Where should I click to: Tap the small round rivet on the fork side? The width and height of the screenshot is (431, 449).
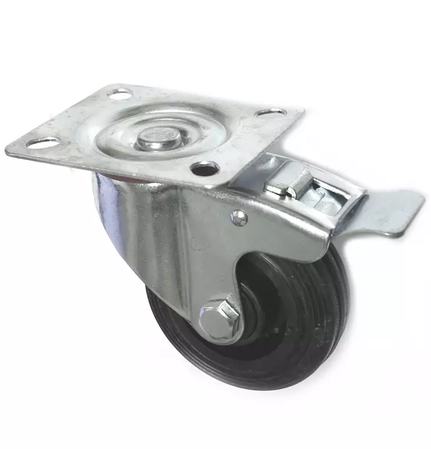tap(239, 217)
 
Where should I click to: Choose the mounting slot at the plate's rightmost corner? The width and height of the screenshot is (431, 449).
tap(271, 112)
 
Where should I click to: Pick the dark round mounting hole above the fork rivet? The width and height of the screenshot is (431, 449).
tap(205, 169)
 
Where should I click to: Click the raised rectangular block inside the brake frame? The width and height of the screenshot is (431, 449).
tap(289, 182)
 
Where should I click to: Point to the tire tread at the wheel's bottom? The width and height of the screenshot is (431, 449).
tap(236, 380)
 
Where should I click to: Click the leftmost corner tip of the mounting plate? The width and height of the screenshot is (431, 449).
tap(7, 150)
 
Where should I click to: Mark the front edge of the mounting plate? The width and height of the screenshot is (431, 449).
tap(118, 171)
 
